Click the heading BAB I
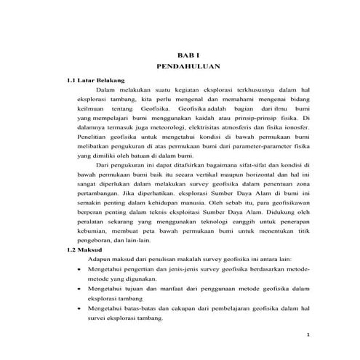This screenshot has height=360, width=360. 188,55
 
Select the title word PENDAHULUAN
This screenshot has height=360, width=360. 188,66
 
